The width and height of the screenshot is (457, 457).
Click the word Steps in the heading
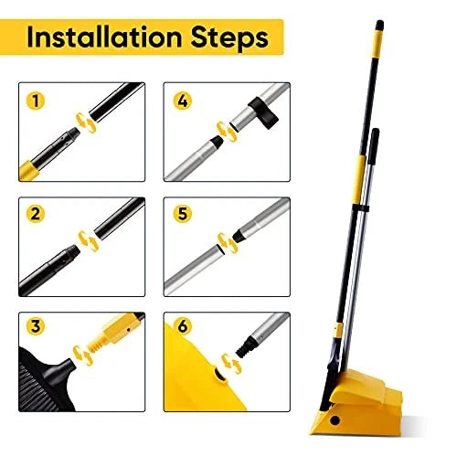226,38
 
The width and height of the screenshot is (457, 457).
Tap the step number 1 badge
36,101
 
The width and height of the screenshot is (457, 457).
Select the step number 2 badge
36,214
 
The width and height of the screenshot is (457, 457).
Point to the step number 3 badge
36,326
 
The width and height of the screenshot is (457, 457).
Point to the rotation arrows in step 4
220,128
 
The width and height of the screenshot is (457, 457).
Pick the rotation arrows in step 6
234,363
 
